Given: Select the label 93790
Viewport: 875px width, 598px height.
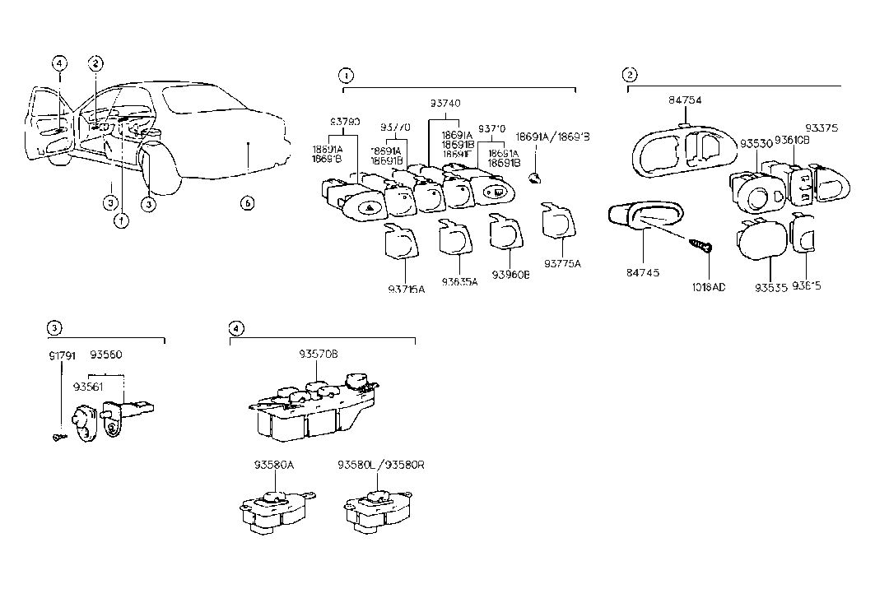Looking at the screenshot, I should tap(345, 122).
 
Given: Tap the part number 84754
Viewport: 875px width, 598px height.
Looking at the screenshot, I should tap(682, 101).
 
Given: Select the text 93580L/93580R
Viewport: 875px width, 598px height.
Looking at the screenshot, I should tap(380, 465).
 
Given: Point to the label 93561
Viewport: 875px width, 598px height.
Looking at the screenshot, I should tap(89, 386).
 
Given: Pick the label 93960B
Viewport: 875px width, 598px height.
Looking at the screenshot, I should tap(510, 275).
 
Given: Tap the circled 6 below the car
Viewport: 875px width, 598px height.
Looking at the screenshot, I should tap(246, 203).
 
